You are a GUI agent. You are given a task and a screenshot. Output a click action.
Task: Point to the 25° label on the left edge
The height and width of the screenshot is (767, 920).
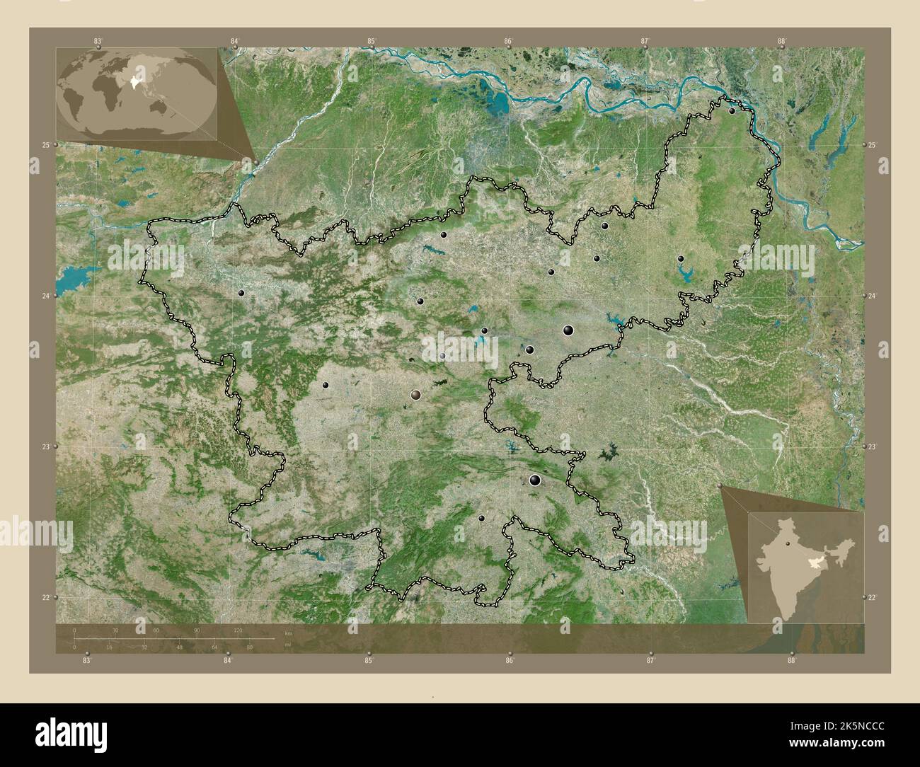pyautogui.click(x=45, y=145)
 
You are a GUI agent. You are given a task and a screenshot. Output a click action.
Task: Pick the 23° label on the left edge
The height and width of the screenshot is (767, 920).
pyautogui.click(x=45, y=446)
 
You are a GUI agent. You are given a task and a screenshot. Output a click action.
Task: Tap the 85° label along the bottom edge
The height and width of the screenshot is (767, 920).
pyautogui.click(x=369, y=661)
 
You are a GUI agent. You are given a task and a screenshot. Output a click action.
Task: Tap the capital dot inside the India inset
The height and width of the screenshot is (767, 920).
pyautogui.click(x=787, y=544)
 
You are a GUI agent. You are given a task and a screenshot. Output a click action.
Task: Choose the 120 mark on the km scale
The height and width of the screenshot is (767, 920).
pyautogui.click(x=238, y=630)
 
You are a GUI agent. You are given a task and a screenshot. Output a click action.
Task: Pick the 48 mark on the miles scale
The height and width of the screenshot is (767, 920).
pyautogui.click(x=180, y=647)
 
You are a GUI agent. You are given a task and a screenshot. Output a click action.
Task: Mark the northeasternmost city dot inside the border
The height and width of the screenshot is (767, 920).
pyautogui.click(x=732, y=110)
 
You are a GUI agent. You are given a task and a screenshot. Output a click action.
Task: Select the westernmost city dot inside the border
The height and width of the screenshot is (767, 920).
pyautogui.click(x=241, y=292)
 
